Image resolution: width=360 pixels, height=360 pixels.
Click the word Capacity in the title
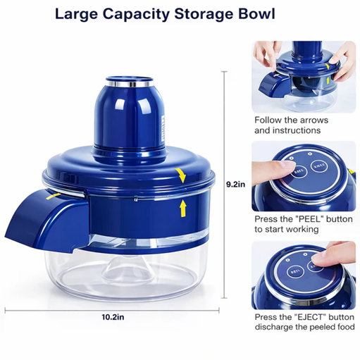pyautogui.click(x=136, y=15)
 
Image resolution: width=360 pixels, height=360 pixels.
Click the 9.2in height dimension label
pyautogui.click(x=235, y=185)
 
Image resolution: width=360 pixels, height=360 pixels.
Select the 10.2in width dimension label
pyautogui.click(x=113, y=317)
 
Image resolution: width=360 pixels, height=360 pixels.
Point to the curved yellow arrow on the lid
pyautogui.click(x=181, y=175)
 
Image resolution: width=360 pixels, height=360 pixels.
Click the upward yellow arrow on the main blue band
pyautogui.click(x=183, y=209)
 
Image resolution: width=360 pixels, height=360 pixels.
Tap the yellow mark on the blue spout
pyautogui.click(x=53, y=196)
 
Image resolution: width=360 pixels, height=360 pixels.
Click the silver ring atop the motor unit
pyautogui.click(x=130, y=84)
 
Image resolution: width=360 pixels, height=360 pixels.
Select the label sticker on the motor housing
pyautogui.click(x=163, y=129)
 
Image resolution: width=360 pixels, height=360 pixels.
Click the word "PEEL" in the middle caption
pyautogui.click(x=309, y=219)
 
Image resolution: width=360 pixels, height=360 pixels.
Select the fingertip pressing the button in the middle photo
pyautogui.click(x=287, y=166)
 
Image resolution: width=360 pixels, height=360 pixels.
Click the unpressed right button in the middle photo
pyautogui.click(x=319, y=166)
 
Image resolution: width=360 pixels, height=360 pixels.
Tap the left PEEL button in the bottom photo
pyautogui.click(x=296, y=272)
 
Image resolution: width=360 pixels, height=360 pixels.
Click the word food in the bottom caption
pyautogui.click(x=346, y=327)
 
